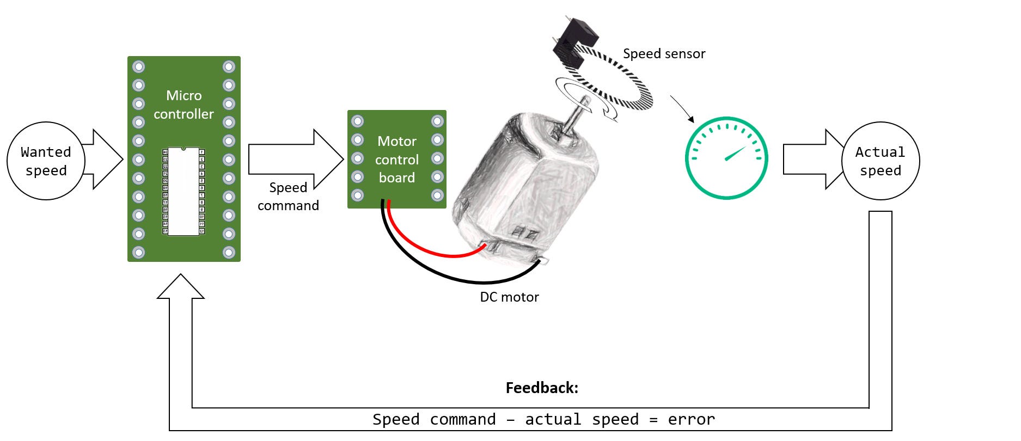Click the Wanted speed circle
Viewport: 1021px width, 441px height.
coord(46,161)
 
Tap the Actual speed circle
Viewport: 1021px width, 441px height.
coord(880,161)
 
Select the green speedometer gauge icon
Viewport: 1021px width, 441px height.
coord(726,158)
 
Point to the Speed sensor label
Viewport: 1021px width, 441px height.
coord(664,54)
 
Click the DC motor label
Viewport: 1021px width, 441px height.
coord(509,297)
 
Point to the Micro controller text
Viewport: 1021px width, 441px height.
coord(184,105)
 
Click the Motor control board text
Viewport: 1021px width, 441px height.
coord(397,160)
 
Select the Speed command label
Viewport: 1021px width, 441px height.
coord(288,197)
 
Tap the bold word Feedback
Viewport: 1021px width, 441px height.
coord(542,388)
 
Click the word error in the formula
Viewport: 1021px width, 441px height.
coord(691,420)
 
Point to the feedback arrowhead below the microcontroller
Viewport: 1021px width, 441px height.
coord(181,287)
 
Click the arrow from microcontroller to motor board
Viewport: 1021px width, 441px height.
coord(294,160)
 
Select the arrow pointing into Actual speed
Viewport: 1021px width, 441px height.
coord(811,160)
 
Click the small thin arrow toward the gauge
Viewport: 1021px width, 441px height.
coord(682,109)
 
